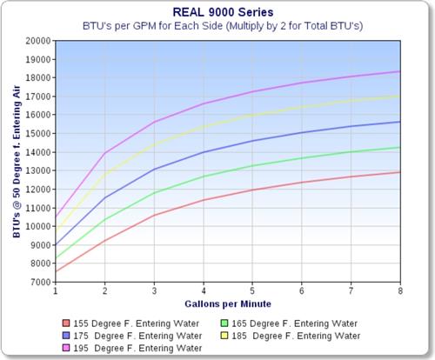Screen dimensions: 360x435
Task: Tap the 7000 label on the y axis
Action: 39,283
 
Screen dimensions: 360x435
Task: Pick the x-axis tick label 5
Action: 252,292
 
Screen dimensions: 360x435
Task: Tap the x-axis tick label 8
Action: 400,292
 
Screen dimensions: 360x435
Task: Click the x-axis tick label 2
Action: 104,292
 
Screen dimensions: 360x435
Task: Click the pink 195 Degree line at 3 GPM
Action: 154,122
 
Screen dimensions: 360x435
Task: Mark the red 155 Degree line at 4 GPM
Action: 204,200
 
